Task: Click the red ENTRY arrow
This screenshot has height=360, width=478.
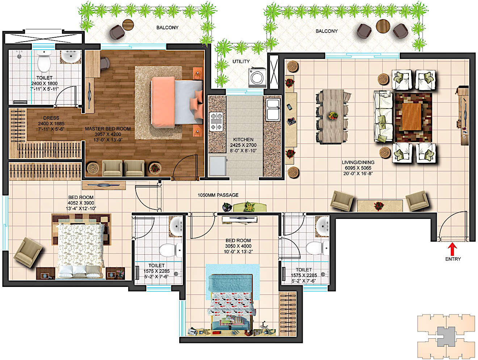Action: [453, 249]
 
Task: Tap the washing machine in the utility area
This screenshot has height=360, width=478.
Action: [257, 78]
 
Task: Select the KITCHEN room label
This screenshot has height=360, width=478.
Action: [243, 139]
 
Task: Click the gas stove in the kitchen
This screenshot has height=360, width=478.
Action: [216, 122]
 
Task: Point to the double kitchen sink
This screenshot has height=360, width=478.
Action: [273, 110]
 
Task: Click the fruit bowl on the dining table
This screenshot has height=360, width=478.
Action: [333, 115]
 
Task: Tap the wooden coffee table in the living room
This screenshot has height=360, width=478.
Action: [412, 117]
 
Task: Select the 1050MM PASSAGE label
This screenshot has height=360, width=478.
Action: [218, 195]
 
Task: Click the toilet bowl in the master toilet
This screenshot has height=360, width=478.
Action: [44, 61]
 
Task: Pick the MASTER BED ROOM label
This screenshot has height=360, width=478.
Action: [108, 129]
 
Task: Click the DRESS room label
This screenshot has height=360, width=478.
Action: [51, 118]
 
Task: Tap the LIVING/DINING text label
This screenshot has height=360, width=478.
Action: [358, 162]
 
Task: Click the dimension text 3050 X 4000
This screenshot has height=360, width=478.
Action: [238, 246]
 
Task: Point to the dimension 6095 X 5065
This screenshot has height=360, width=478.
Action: [358, 168]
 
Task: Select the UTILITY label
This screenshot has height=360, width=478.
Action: [241, 62]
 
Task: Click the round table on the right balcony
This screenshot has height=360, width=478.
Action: [383, 26]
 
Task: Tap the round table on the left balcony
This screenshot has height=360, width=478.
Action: [128, 25]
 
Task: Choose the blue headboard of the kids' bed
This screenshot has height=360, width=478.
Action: [231, 283]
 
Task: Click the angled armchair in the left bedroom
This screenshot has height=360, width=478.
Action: [28, 252]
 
